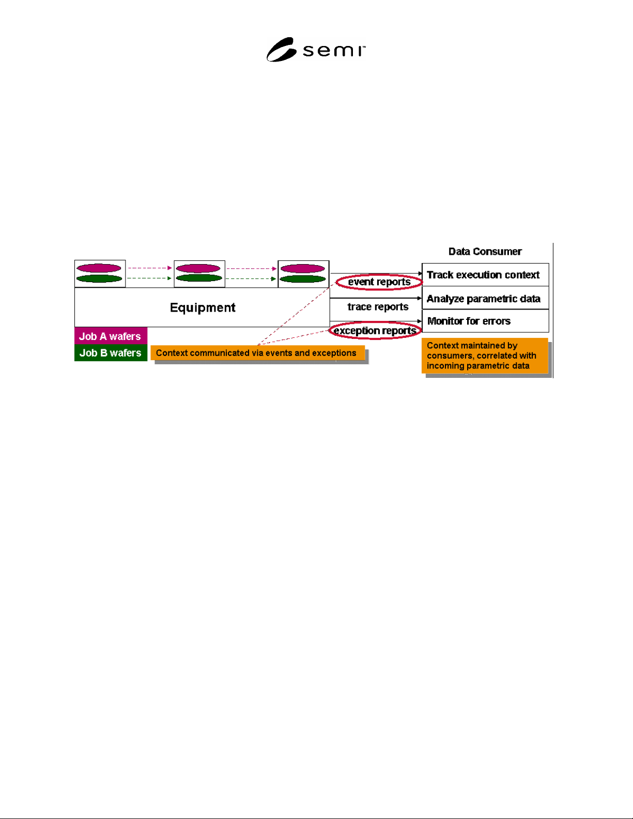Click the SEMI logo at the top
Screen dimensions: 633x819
point(316,50)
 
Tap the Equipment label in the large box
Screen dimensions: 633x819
point(203,307)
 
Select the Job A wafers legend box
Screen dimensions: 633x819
point(111,336)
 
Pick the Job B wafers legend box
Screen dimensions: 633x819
point(111,353)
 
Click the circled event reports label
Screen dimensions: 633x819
point(379,282)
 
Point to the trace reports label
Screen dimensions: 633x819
point(378,307)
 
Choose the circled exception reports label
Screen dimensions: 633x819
point(375,331)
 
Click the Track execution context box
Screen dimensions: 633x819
point(485,275)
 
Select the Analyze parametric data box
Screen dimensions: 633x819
point(485,298)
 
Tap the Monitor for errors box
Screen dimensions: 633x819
point(485,321)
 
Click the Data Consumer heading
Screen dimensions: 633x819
point(485,252)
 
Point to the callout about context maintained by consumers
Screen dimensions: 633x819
point(485,356)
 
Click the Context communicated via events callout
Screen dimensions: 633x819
point(258,353)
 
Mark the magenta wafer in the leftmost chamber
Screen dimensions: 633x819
point(99,268)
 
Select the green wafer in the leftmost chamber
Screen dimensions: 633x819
point(99,279)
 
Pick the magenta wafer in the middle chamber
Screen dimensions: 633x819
point(198,268)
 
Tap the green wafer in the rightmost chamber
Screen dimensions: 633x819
point(303,279)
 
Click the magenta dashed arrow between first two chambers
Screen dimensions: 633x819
point(150,268)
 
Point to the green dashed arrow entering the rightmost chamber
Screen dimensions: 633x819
point(251,279)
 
